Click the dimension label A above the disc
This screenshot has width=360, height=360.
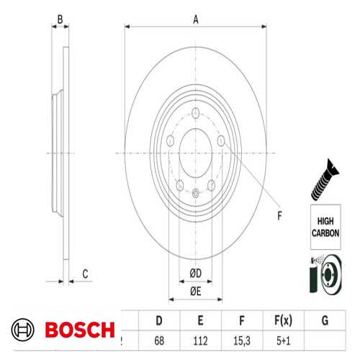195,20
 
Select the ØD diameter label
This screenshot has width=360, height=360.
195,271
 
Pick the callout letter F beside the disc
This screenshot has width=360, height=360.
280,213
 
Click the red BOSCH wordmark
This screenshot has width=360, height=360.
80,330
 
